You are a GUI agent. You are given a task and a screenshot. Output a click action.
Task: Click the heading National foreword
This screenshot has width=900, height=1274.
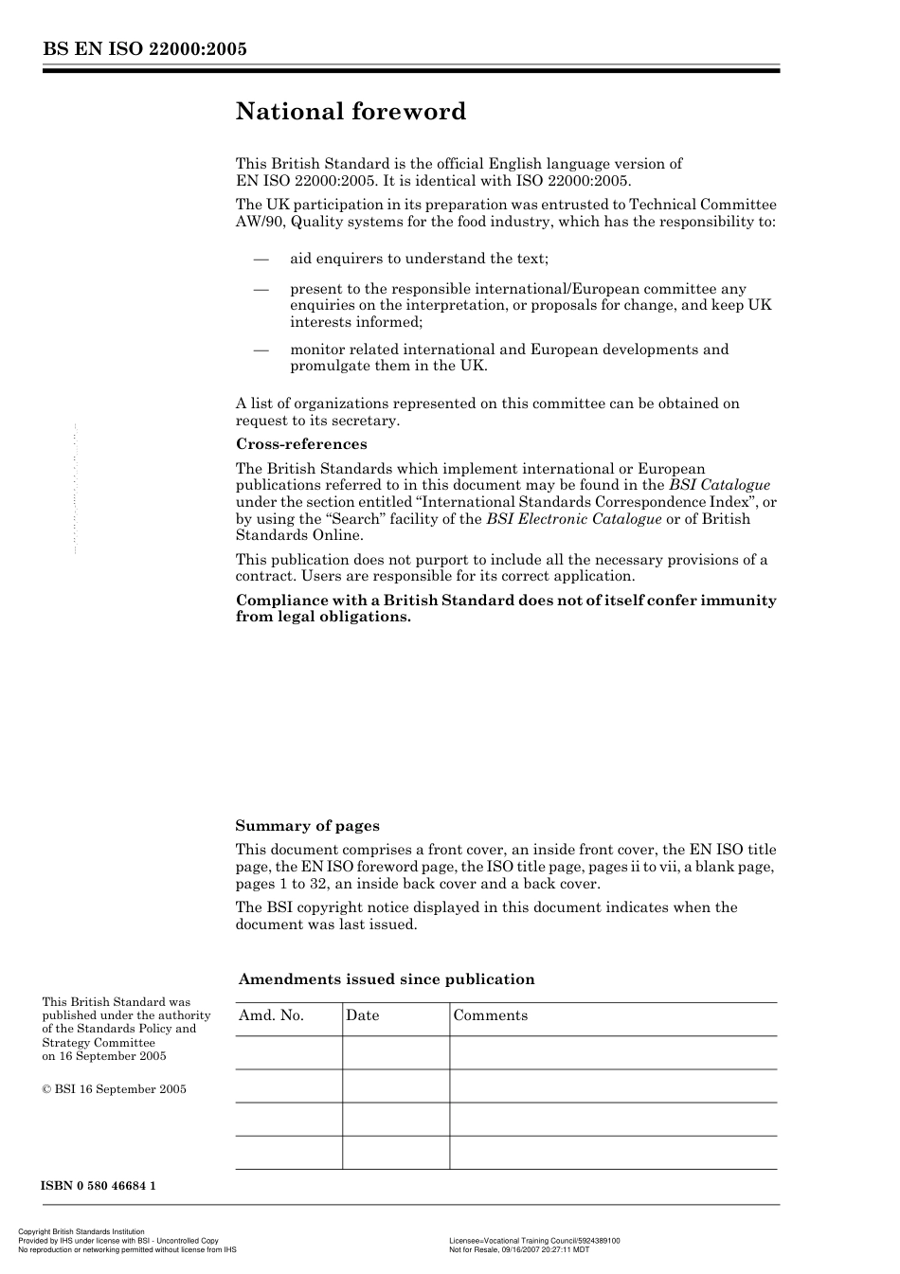click(351, 112)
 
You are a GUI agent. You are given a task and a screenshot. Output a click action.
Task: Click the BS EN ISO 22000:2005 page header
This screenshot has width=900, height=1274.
click(144, 49)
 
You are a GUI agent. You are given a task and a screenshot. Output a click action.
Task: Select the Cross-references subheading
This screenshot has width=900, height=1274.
click(300, 444)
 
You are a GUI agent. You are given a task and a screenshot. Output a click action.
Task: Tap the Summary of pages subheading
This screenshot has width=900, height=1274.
click(307, 826)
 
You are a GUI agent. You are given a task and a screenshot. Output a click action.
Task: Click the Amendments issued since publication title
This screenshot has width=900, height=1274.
click(387, 979)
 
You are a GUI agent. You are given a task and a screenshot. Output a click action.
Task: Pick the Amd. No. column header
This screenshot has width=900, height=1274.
click(271, 1015)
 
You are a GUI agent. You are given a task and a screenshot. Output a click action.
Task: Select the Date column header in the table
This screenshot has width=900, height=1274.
click(362, 1015)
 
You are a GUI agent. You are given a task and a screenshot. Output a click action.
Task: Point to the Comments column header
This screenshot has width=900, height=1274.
click(490, 1015)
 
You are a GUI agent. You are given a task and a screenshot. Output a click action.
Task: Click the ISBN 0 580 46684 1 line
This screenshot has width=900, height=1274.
click(98, 1186)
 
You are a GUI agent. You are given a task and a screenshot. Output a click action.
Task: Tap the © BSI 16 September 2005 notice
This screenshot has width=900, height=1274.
click(114, 1089)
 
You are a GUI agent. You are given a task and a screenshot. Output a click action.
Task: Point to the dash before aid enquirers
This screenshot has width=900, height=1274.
click(261, 259)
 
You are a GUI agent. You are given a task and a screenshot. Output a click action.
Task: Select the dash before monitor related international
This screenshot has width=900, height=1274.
click(261, 350)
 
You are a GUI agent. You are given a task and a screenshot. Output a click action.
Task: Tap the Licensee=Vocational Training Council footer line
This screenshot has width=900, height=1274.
click(534, 1240)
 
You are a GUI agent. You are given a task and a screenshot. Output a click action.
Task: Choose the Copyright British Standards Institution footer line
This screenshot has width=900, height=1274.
click(82, 1232)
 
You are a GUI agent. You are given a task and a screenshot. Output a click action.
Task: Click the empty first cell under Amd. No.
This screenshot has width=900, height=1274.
click(288, 1052)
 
